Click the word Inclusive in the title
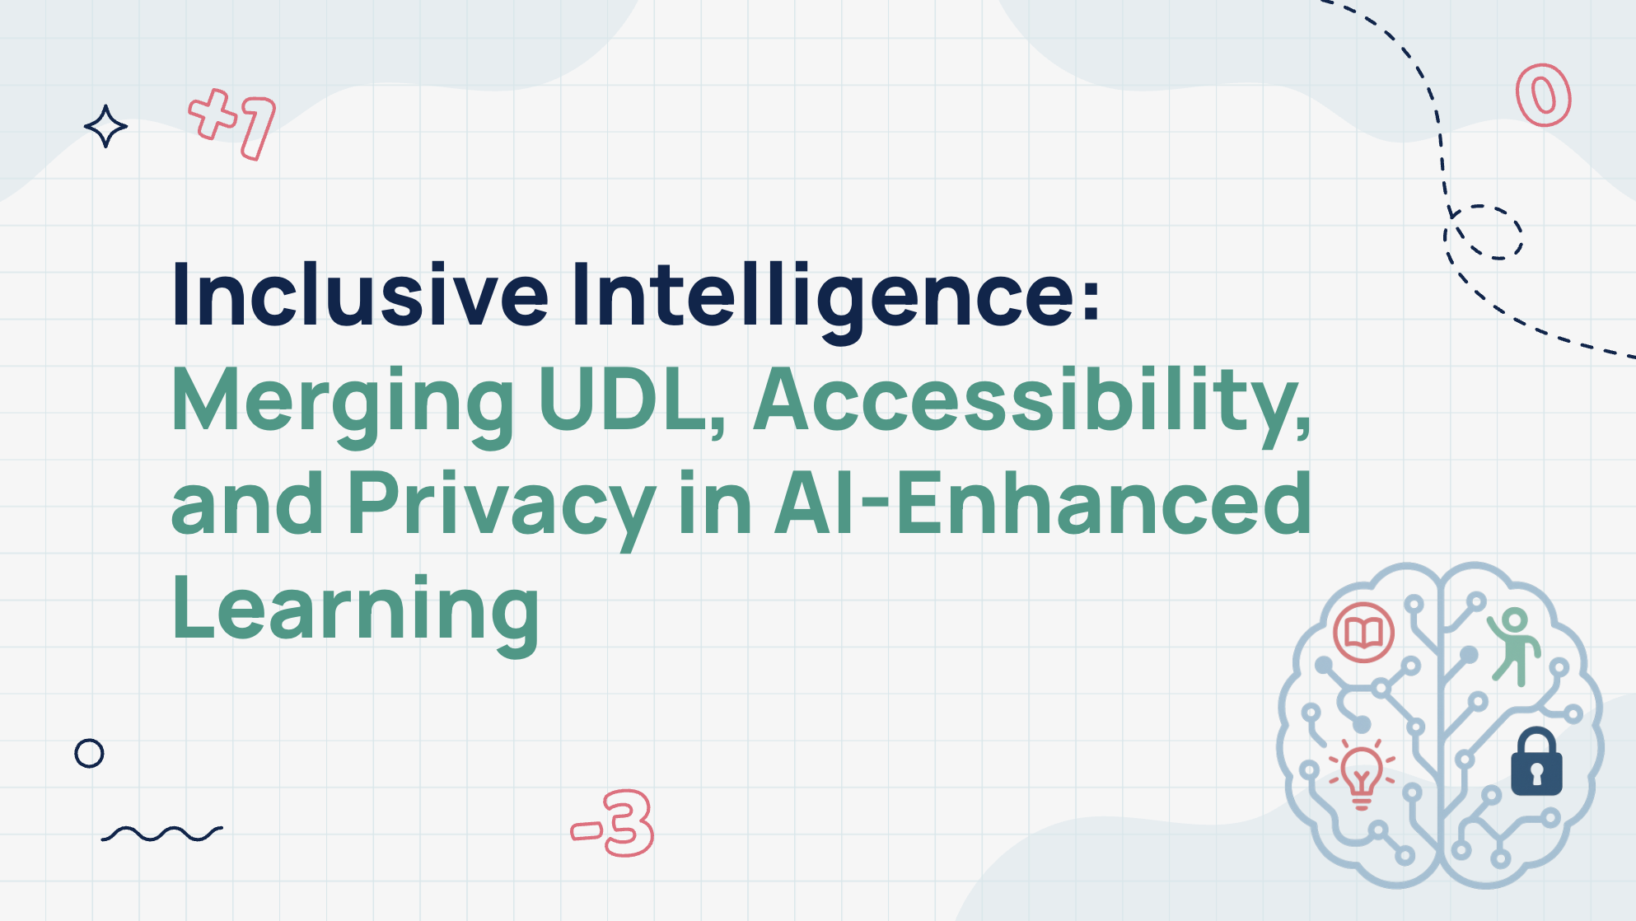pos(359,295)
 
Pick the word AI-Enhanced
pos(1042,503)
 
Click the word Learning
pos(355,610)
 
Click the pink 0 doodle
pos(1544,96)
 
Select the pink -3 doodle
pos(613,823)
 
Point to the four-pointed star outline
pos(105,126)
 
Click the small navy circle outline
pos(89,753)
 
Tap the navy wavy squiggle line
pos(161,834)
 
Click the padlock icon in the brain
pos(1536,764)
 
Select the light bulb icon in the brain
pos(1361,774)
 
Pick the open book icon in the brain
pos(1363,633)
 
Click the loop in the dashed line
pos(1484,233)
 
